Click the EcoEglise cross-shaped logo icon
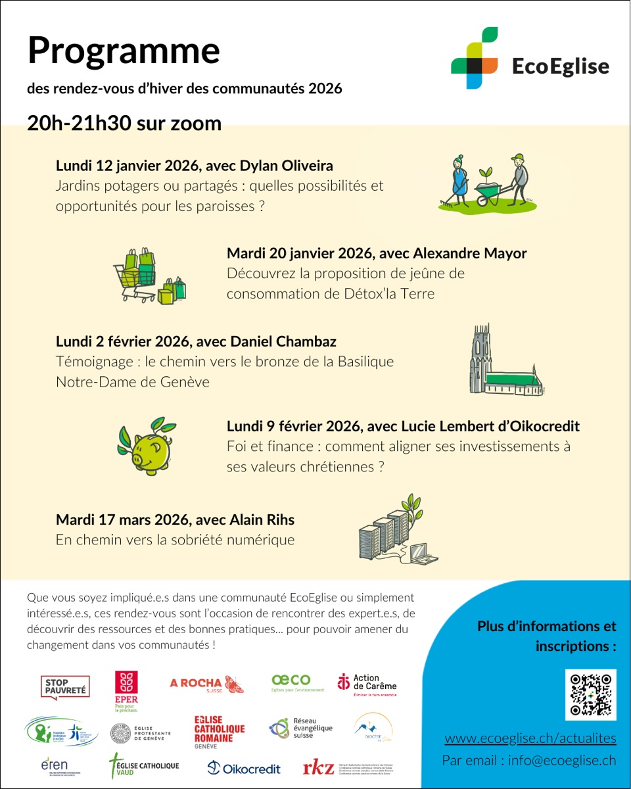coord(475,58)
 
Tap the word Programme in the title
coord(123,50)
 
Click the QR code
coord(591,695)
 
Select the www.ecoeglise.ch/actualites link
coord(530,738)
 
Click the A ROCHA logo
coord(206,684)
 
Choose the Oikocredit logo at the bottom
coord(243,768)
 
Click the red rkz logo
coord(318,767)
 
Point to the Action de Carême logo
coord(367,684)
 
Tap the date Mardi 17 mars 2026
coord(122,520)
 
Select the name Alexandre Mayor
coord(471,253)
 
